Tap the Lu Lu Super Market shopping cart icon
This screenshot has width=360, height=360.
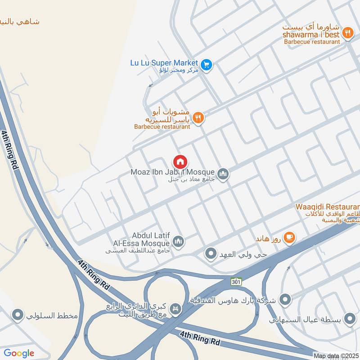click(206, 65)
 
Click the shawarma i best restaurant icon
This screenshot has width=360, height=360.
click(347, 32)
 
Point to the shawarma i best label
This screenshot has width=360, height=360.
click(311, 35)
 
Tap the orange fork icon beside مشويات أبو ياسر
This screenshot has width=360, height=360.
click(198, 118)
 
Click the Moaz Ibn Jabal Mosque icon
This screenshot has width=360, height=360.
click(223, 173)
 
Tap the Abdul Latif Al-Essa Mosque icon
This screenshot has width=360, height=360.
click(179, 242)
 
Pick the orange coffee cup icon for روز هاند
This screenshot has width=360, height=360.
click(289, 237)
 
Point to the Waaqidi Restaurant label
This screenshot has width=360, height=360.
click(327, 207)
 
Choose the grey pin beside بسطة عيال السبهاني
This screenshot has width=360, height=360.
click(349, 319)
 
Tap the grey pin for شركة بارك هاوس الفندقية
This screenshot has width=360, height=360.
click(284, 299)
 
